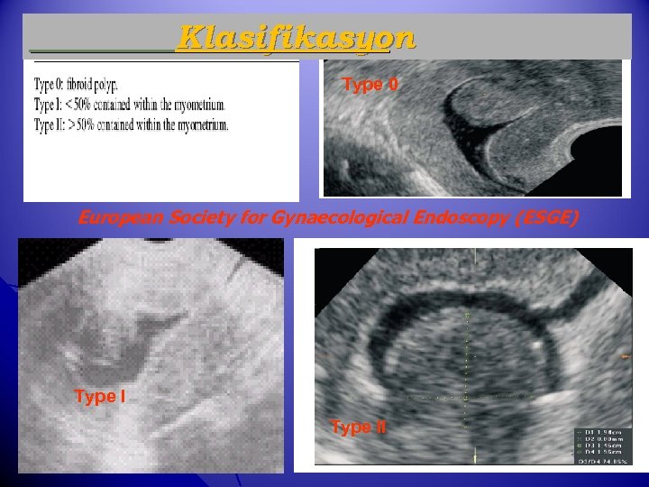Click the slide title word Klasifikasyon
click(297, 38)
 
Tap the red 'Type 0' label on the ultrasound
click(370, 85)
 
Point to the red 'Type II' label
click(358, 427)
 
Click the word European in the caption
click(116, 217)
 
